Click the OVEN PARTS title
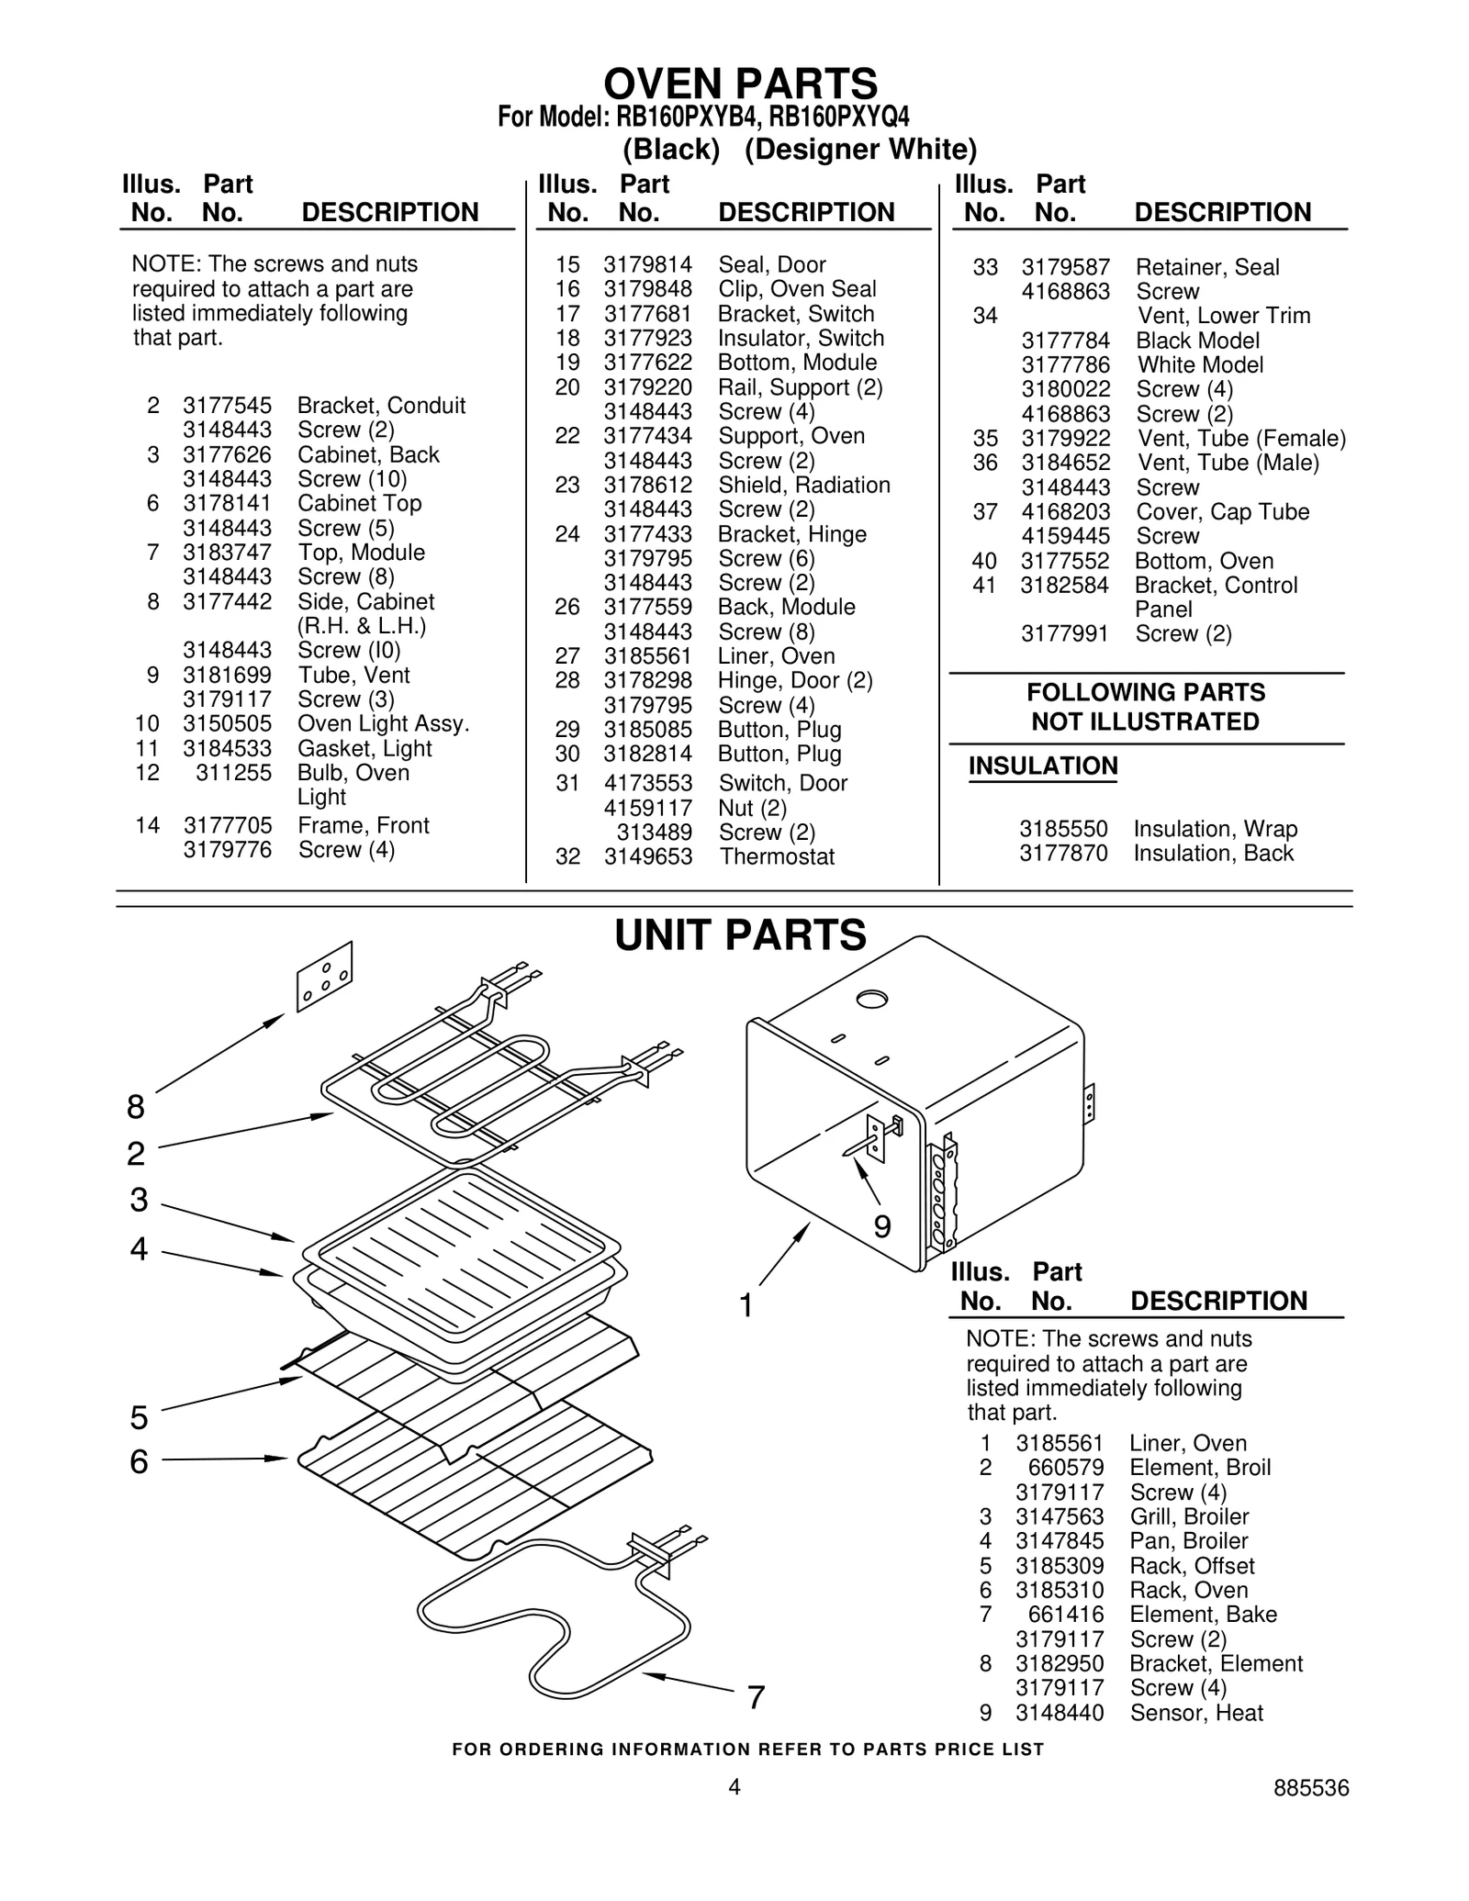pos(740,84)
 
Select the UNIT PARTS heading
pos(740,935)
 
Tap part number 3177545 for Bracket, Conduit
pos(227,406)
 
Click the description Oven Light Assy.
pos(383,723)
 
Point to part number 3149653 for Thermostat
pos(647,856)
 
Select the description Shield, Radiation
pos(803,485)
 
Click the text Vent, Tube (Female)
pos(1241,439)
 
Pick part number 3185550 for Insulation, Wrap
pos(1063,829)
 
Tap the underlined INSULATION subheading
pos(1043,766)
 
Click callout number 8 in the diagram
pos(136,1108)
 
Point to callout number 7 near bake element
pos(756,1698)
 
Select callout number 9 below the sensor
pos(882,1226)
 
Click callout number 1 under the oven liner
pos(746,1304)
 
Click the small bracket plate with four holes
pos(324,977)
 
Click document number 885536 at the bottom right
pos(1310,1788)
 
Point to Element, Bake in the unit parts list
pos(1203,1615)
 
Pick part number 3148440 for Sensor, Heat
pos(1060,1713)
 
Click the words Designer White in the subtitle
pos(860,150)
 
